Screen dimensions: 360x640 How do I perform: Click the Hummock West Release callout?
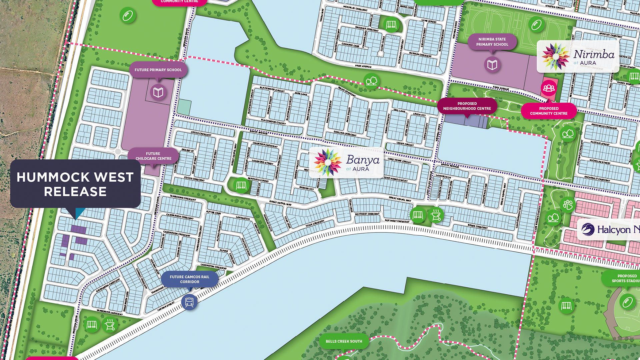coord(75,184)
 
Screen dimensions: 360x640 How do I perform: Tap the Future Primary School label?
coord(158,70)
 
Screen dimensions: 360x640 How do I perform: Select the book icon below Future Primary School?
coord(158,92)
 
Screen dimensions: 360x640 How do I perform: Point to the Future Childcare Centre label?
coord(153,156)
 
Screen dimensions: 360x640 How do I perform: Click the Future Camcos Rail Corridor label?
coord(189,279)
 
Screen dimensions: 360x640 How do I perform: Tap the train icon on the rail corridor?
coord(189,302)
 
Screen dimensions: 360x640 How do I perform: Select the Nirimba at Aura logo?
coord(578,56)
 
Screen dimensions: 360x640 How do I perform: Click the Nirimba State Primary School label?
coord(492,42)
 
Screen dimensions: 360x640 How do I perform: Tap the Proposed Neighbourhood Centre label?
coord(467,106)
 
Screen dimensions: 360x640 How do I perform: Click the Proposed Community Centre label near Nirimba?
coord(549,111)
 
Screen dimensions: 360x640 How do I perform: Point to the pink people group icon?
coord(548,88)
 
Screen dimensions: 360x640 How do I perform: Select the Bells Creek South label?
coord(344,341)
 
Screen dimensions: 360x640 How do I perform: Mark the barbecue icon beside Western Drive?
coord(110,324)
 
